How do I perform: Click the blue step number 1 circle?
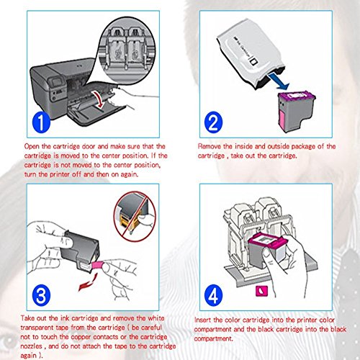click(41, 122)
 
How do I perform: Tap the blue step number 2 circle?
click(213, 122)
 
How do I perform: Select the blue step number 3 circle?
click(41, 295)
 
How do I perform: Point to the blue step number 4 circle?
click(213, 295)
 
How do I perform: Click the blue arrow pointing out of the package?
click(279, 81)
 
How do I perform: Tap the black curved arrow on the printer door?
click(99, 99)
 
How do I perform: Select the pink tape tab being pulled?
click(98, 266)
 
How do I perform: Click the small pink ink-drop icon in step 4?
click(261, 291)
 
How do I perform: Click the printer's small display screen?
click(57, 82)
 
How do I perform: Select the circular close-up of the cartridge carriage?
click(127, 50)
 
